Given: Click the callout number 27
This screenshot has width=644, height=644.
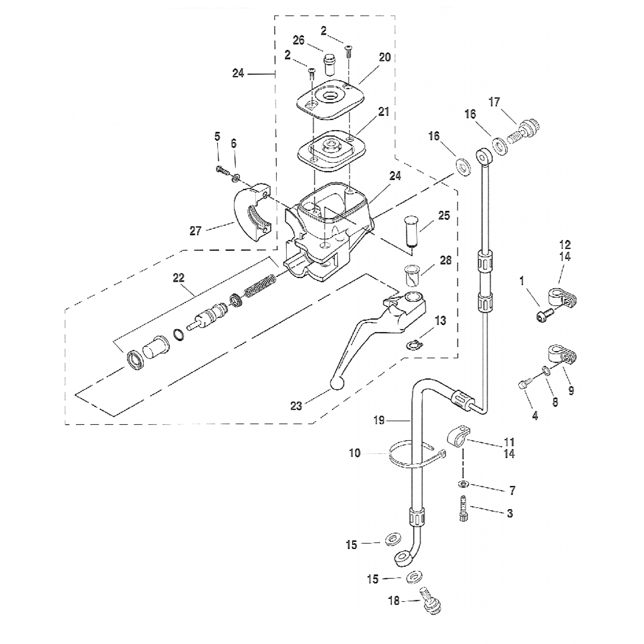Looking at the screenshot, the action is (195, 231).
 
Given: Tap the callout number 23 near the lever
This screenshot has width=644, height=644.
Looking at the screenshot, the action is (296, 406).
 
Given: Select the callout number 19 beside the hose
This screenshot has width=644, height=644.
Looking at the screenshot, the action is (379, 420).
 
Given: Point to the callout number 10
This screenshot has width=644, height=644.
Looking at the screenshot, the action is (355, 453).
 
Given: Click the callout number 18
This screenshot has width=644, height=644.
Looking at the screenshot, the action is (394, 601).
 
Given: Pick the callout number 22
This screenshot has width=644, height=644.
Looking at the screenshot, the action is (178, 278).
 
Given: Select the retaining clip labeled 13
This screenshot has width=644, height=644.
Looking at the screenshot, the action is (413, 343).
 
